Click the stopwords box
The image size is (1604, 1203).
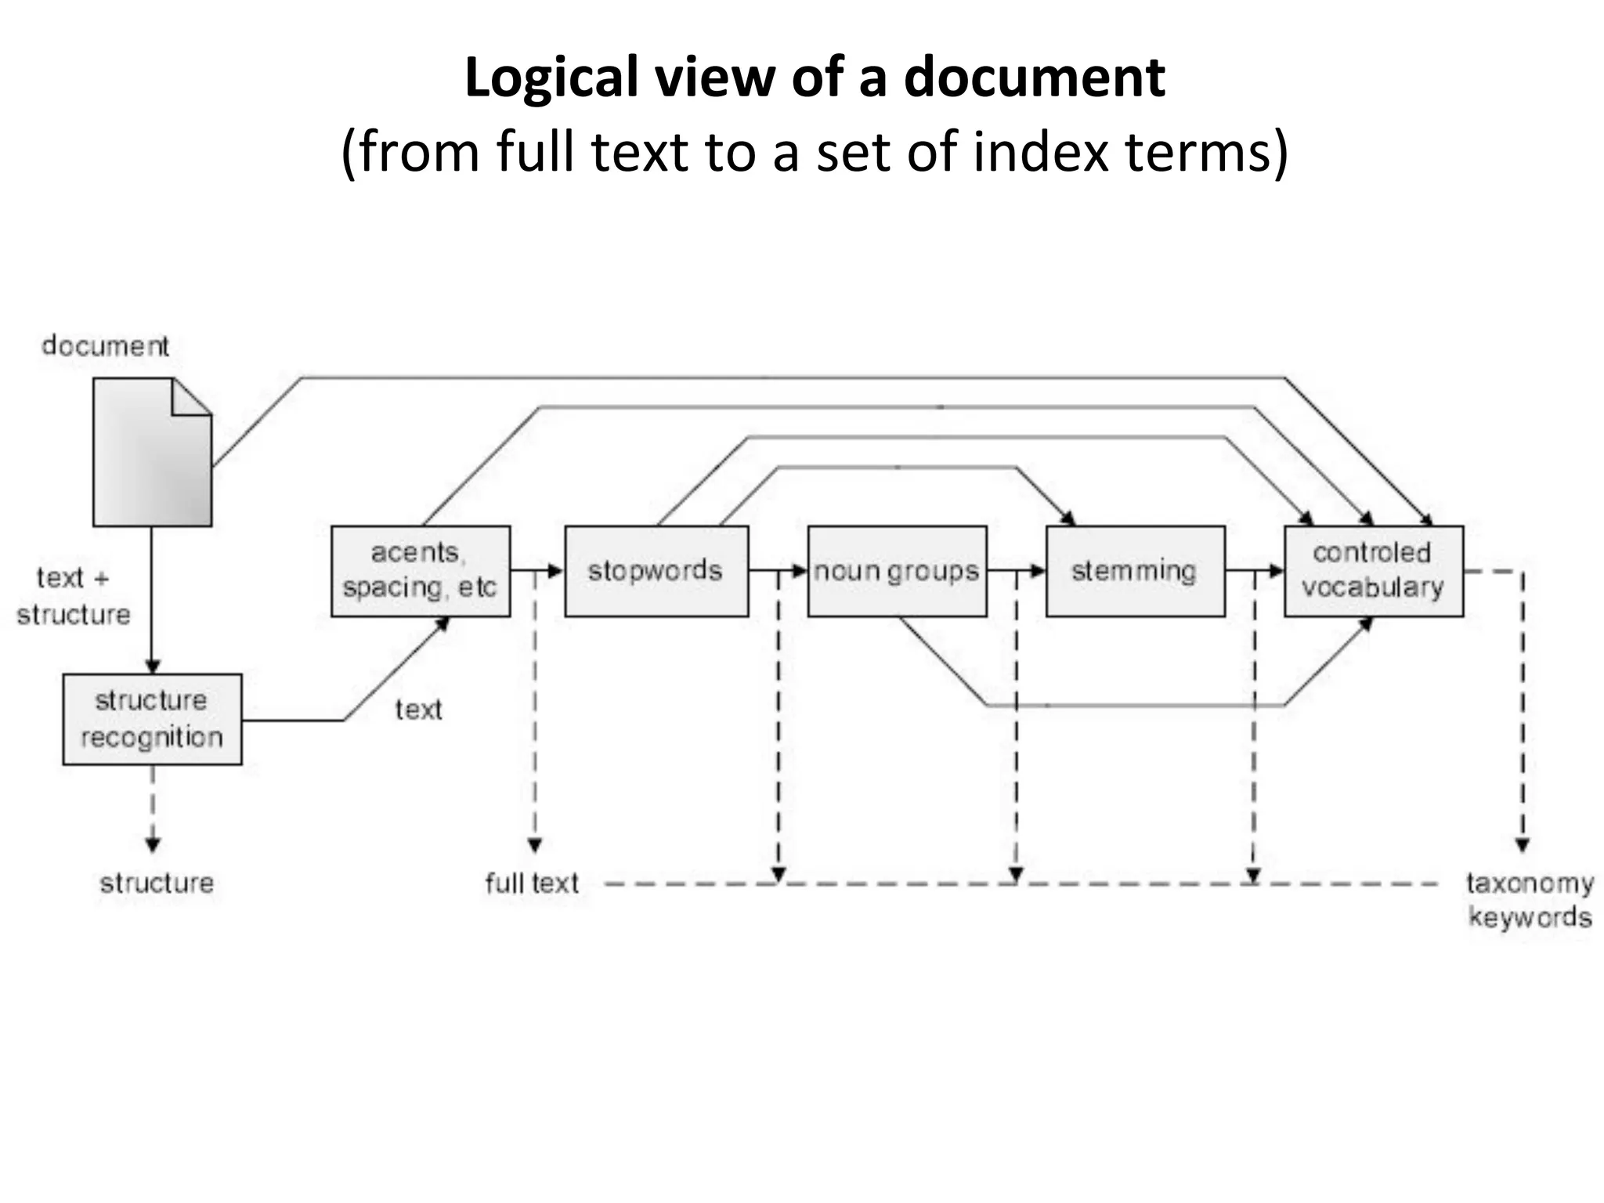[x=656, y=571]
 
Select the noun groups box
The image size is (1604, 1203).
[x=897, y=571]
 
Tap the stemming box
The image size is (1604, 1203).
[x=1135, y=571]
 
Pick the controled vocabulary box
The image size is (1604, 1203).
[x=1373, y=571]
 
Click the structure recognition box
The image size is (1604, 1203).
[x=152, y=719]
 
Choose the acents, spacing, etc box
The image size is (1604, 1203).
[x=421, y=571]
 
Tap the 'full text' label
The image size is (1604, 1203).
[x=531, y=883]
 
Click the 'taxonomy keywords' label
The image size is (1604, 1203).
[x=1530, y=900]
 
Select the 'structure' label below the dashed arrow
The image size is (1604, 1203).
[x=157, y=883]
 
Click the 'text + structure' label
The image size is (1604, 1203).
[x=73, y=596]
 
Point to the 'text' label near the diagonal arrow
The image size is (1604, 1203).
[x=418, y=710]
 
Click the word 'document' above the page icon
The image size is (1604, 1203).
[x=105, y=345]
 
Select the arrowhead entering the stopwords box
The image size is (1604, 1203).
[x=555, y=571]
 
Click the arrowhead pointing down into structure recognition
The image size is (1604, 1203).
[x=153, y=666]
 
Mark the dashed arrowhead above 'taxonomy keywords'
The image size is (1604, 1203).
[x=1522, y=845]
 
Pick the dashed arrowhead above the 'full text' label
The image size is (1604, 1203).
[x=534, y=845]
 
